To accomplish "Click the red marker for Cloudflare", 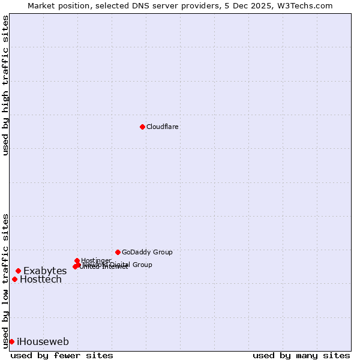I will click(x=142, y=127).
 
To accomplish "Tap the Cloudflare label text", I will click(x=162, y=127).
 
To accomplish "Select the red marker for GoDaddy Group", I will click(x=118, y=252).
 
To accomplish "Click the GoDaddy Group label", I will click(x=147, y=253).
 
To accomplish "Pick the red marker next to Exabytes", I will click(x=18, y=271).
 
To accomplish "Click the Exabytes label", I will click(x=45, y=271).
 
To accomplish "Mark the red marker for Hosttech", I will click(x=14, y=279).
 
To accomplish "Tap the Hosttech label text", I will click(x=41, y=280).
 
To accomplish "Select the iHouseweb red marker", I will click(x=11, y=341).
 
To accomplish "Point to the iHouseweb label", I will click(x=43, y=342).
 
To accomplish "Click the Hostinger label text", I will click(x=96, y=260).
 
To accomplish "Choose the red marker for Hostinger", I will click(x=77, y=260).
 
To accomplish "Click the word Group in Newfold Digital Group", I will click(x=142, y=265).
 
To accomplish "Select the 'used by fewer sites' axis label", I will click(x=62, y=355).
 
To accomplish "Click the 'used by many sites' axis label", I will click(x=301, y=355).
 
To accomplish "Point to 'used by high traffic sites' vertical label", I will click(x=5, y=85).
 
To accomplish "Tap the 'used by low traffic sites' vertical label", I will click(x=5, y=280).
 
